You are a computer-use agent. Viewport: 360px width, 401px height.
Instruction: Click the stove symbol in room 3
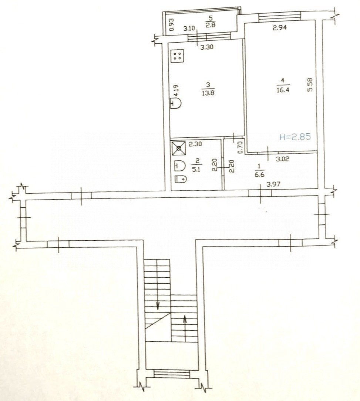click(x=177, y=56)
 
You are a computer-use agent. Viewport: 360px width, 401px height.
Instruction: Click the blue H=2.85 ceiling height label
click(x=294, y=137)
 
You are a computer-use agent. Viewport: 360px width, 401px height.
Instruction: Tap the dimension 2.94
click(x=280, y=27)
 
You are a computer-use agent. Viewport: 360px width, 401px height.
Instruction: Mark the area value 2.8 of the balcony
click(x=210, y=25)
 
